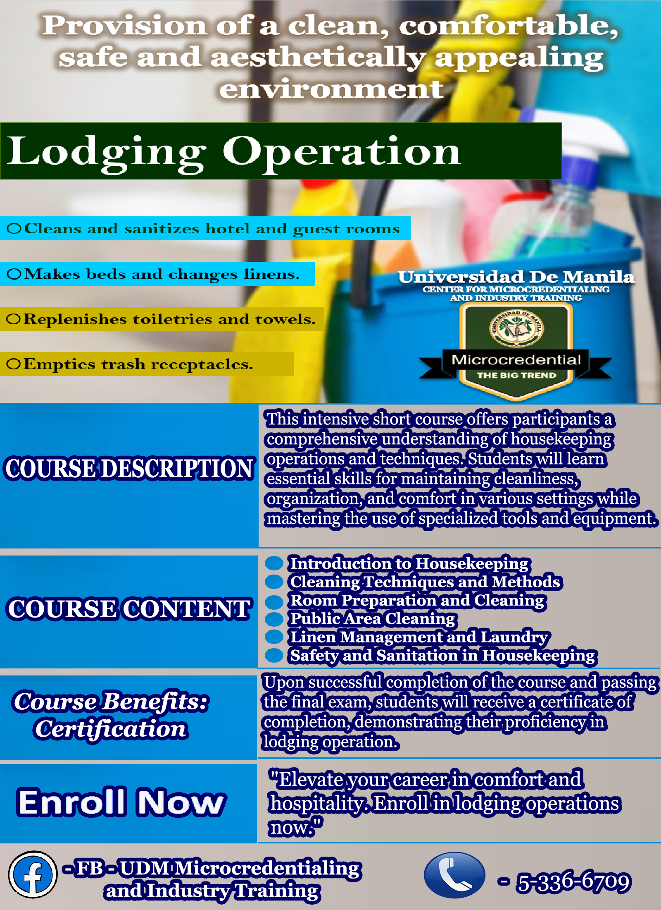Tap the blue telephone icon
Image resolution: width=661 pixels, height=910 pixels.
[454, 875]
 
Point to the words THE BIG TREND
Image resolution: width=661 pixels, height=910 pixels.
[516, 375]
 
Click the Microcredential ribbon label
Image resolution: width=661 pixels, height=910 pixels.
[516, 359]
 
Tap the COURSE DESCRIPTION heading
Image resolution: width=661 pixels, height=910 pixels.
[129, 469]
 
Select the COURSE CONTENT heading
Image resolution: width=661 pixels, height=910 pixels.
[129, 609]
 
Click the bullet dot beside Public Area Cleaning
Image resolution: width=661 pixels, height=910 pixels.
[273, 619]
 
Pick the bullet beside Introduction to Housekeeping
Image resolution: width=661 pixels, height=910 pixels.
[273, 563]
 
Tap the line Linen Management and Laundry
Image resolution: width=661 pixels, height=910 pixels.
[419, 637]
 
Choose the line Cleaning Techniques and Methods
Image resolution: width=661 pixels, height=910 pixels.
[425, 582]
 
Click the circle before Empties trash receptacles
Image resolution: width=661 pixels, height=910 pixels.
[13, 364]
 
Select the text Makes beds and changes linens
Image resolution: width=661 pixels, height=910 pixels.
[162, 274]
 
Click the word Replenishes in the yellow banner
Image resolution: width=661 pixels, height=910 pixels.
[75, 319]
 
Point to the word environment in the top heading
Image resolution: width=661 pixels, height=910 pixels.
[331, 89]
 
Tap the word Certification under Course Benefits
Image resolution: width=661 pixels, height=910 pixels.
[111, 729]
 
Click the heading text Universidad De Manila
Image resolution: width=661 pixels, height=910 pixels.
[516, 277]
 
